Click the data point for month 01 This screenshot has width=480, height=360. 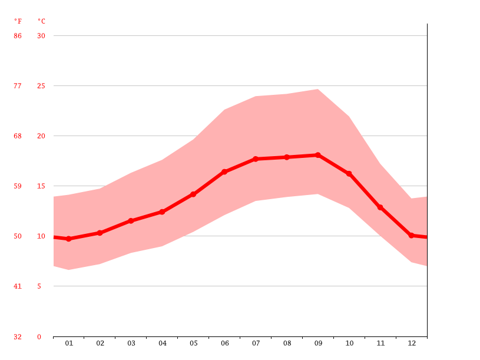coord(69,239)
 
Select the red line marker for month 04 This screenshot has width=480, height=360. coord(162,212)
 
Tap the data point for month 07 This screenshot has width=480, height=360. coord(256,159)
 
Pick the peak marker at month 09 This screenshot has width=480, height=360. coord(318,155)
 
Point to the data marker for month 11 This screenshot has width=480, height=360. coord(380,207)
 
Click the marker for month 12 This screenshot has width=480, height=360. coord(411,235)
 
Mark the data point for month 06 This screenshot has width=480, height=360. coord(224,171)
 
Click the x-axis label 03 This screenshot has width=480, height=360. coord(131,343)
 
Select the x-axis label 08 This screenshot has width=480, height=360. coord(287,343)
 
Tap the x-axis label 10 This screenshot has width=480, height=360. coord(349,343)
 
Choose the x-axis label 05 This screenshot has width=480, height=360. coord(194,343)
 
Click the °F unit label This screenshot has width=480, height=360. coord(18,21)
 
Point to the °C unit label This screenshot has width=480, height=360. coord(41,21)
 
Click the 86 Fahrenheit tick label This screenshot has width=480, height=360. coord(18,36)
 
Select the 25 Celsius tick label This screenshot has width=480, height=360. coord(41,86)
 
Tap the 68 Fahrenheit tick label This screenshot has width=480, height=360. coord(18,136)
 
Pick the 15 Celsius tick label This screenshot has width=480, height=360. coord(41,186)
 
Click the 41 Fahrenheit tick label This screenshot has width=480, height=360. coord(18,286)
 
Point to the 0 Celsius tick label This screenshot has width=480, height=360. coord(39,337)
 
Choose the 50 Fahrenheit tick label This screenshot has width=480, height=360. coord(18,236)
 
